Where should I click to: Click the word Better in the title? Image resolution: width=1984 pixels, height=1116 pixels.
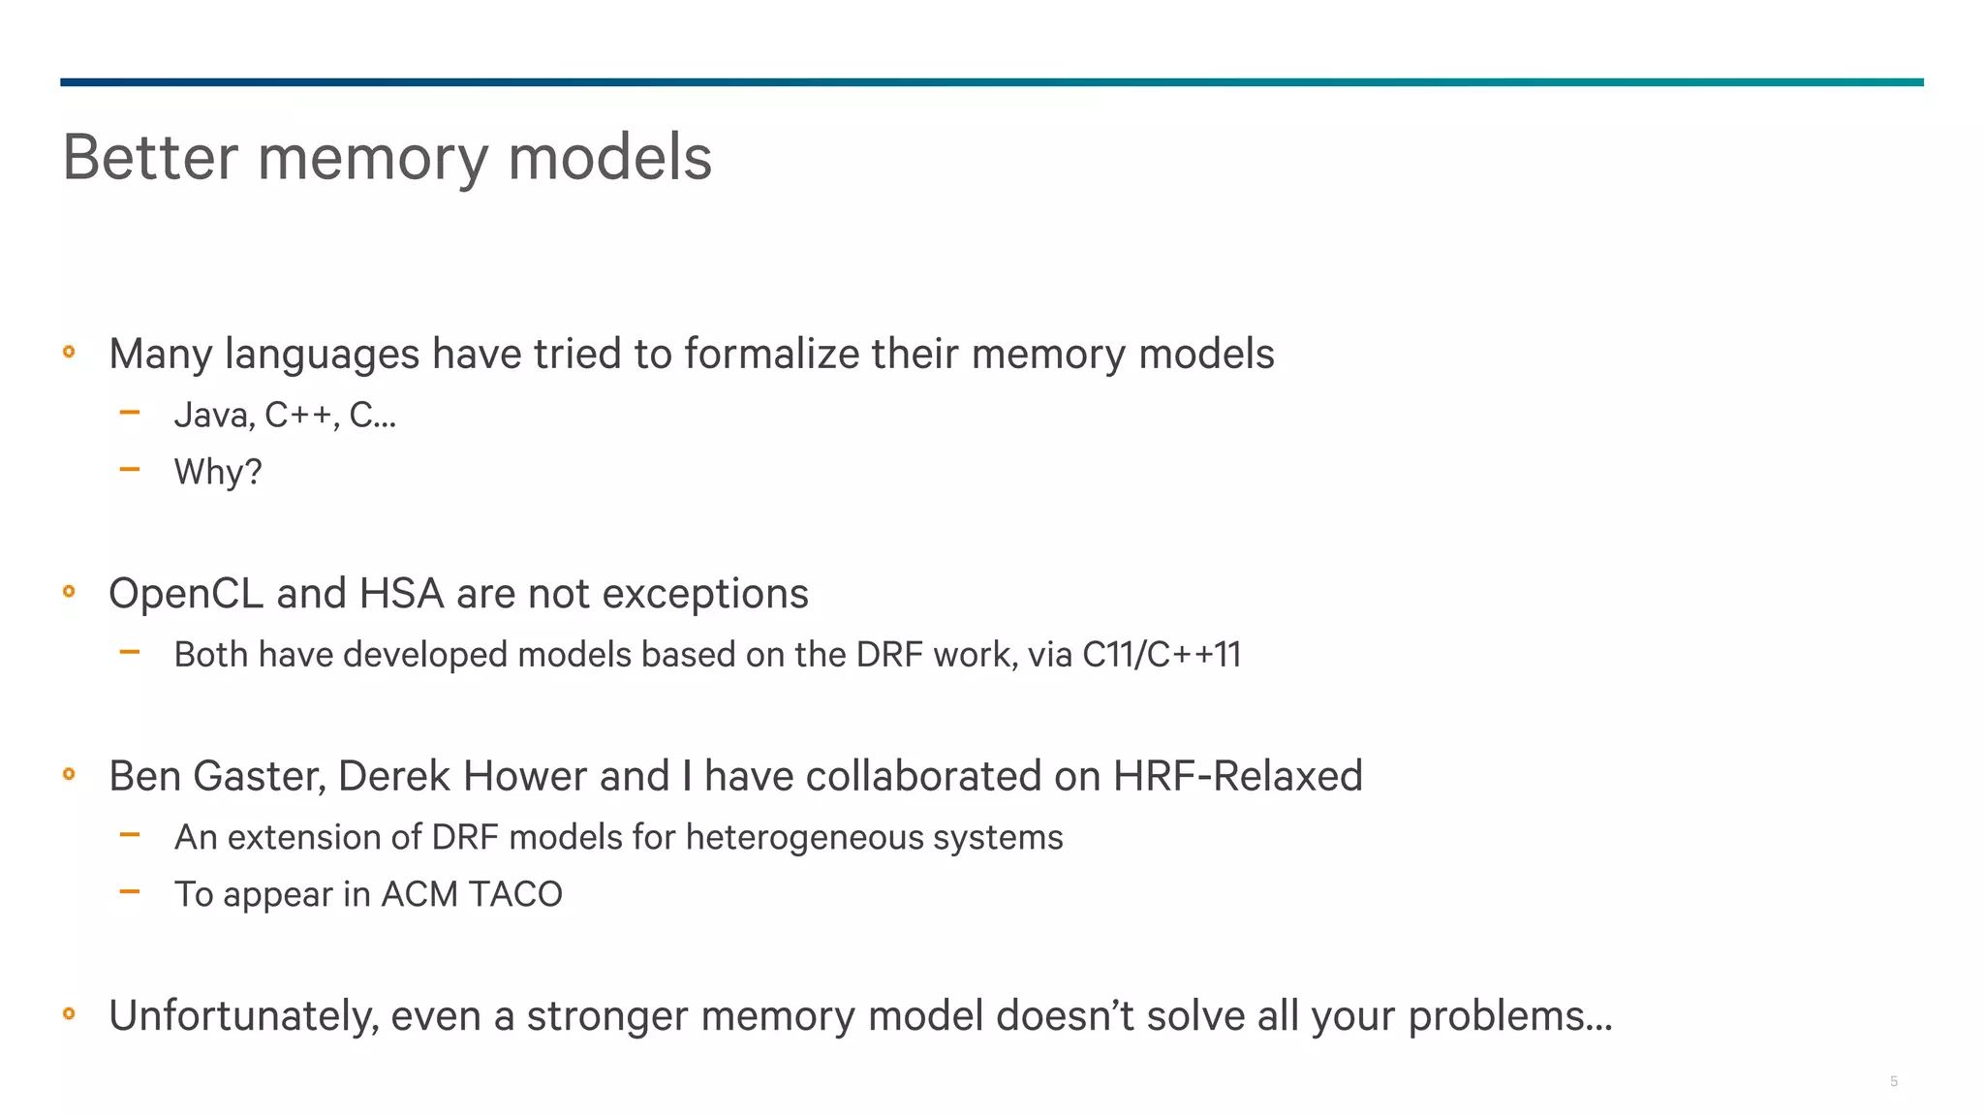(x=150, y=157)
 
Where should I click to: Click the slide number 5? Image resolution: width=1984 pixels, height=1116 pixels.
(x=1893, y=1081)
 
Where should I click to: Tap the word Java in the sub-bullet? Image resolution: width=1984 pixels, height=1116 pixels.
(x=213, y=416)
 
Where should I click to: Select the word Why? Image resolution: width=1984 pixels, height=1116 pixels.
(x=218, y=473)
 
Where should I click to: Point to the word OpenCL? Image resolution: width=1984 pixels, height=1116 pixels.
(x=185, y=594)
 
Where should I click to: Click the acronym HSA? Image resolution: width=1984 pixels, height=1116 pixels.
(x=401, y=594)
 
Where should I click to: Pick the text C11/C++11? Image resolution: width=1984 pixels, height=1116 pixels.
(x=1161, y=655)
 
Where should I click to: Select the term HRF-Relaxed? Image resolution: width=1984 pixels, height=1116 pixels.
(x=1237, y=777)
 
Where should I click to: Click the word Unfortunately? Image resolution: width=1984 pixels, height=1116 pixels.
(x=243, y=1016)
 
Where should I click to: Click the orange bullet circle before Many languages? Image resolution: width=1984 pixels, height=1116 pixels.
(x=69, y=353)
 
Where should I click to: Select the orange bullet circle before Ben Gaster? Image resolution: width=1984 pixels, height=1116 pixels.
(x=69, y=774)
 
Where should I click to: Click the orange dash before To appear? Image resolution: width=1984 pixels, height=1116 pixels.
(x=130, y=891)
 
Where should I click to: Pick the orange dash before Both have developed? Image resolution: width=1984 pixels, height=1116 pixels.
(x=130, y=652)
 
